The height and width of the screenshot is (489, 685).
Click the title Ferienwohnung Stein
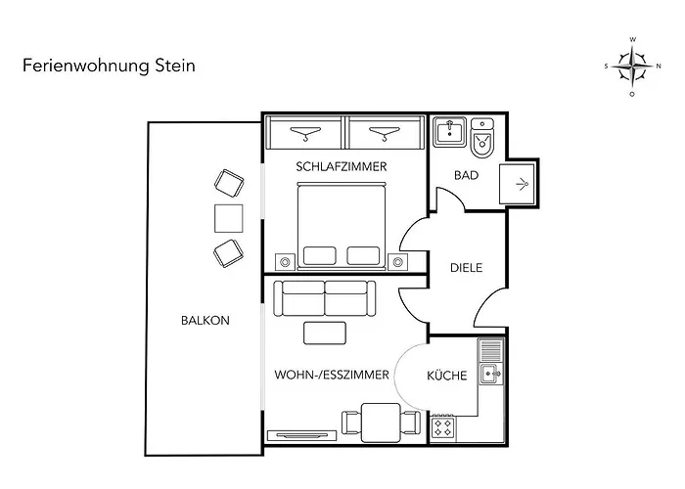(109, 66)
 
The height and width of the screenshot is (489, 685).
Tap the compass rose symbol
(632, 67)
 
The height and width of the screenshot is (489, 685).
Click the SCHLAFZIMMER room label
(342, 167)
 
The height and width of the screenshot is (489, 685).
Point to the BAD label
(466, 175)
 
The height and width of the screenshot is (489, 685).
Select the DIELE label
(466, 268)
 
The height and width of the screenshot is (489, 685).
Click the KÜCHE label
(447, 376)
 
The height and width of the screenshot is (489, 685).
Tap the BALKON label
(205, 321)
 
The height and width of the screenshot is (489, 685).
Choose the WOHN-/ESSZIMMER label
(332, 375)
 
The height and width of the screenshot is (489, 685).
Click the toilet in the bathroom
(482, 138)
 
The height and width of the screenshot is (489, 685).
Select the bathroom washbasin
(449, 132)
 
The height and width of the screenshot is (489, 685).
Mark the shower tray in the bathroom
(517, 184)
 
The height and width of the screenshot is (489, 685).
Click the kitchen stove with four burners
(443, 428)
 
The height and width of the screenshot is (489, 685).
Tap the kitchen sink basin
(491, 374)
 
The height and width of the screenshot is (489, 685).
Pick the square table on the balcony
(228, 218)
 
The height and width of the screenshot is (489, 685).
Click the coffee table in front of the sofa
(325, 333)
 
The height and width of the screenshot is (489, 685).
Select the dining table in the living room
(382, 423)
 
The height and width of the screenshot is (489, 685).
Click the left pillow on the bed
(319, 256)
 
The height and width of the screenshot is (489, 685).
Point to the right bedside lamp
(397, 262)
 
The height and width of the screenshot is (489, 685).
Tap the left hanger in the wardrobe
(305, 133)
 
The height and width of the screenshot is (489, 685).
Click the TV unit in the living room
(301, 435)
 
